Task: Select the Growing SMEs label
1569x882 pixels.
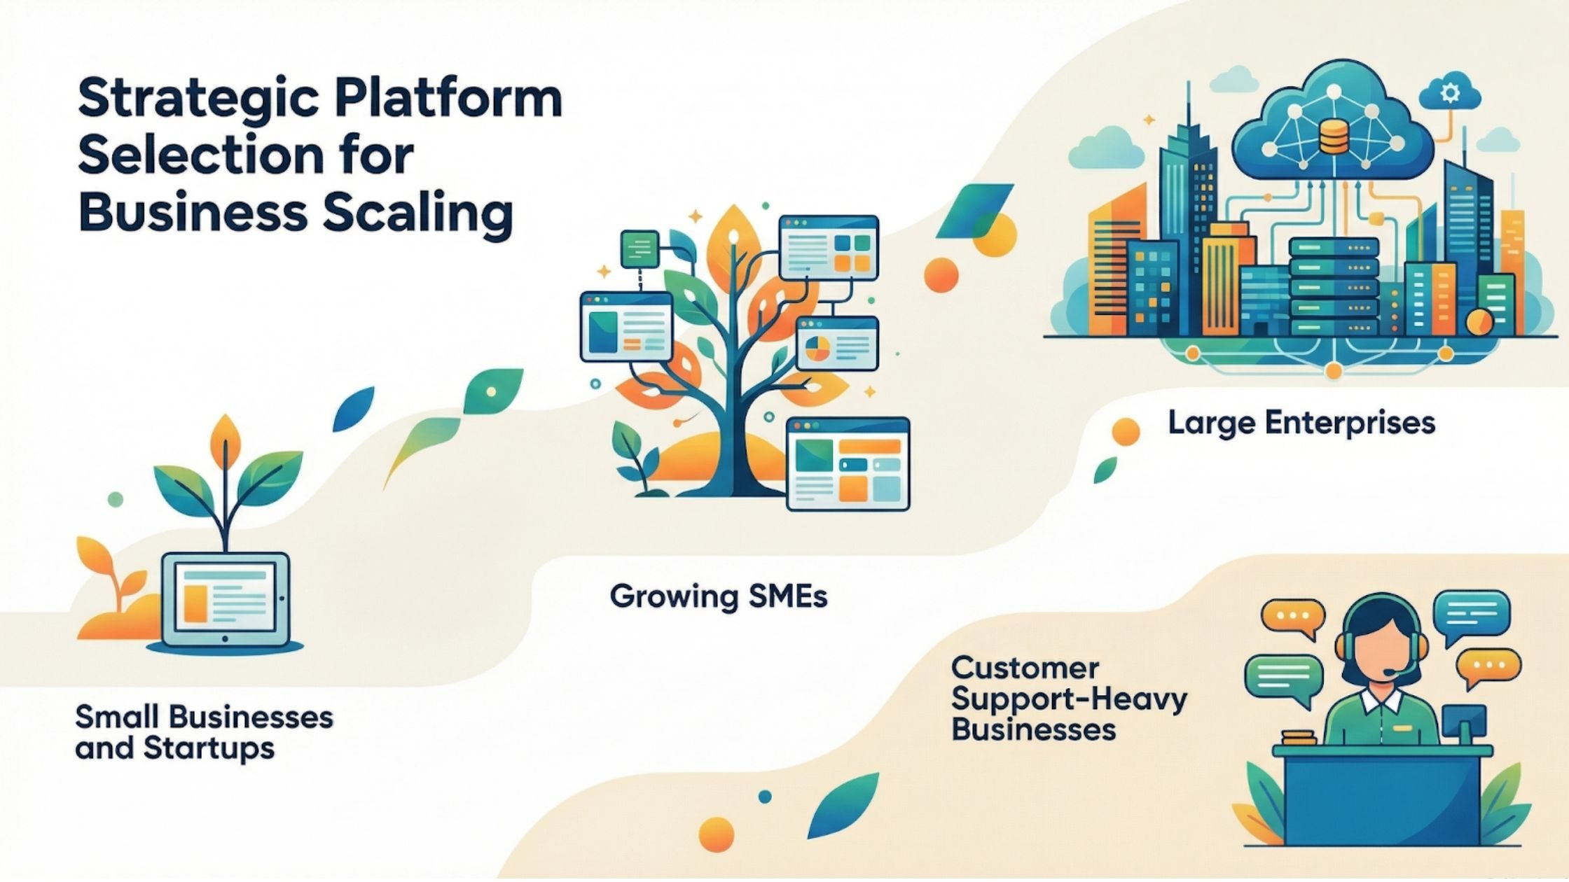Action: pos(718,596)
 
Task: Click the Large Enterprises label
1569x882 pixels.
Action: pos(1301,423)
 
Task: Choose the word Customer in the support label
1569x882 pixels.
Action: pos(1025,668)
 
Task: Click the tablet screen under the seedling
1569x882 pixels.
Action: pos(225,598)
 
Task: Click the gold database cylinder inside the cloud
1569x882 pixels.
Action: pos(1333,137)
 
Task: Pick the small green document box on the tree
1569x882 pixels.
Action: pos(640,248)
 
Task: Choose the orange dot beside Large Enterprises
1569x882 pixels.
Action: pos(1125,431)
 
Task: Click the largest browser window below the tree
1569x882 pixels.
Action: pos(848,463)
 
